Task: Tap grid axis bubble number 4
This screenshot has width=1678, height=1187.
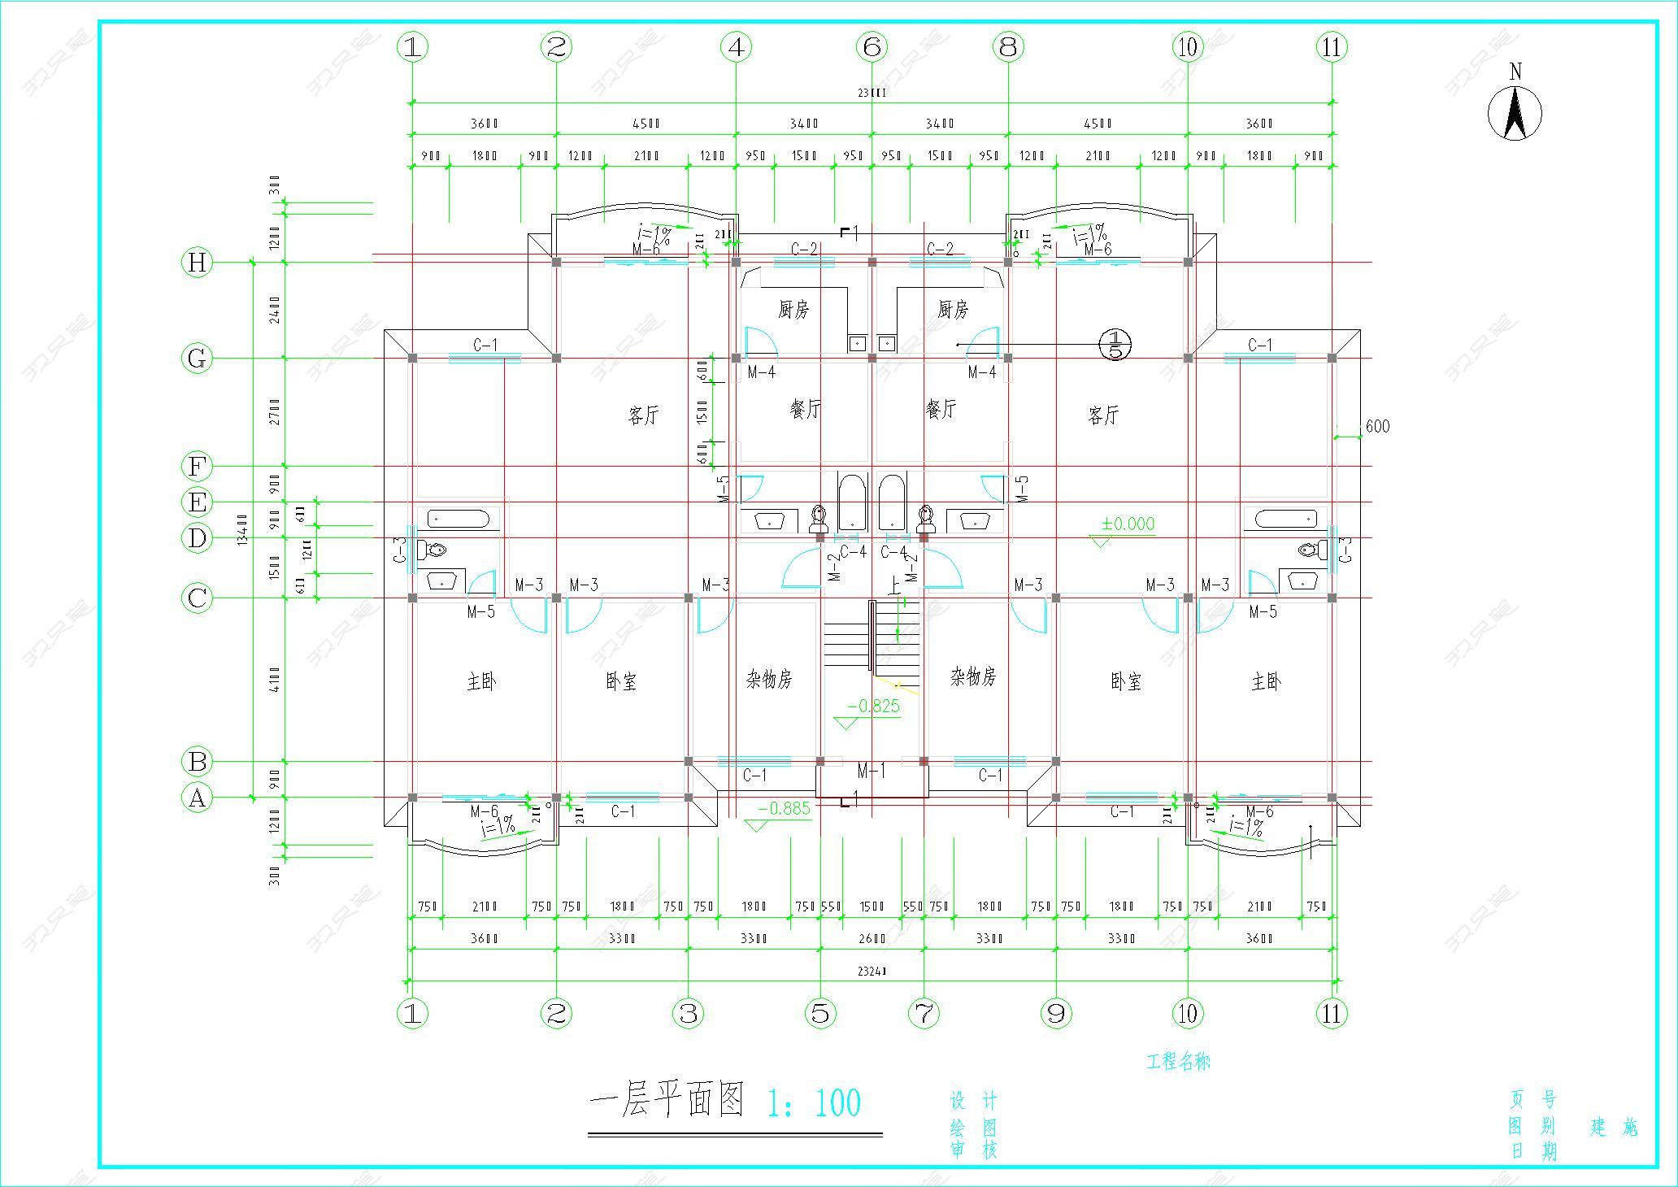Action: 736,47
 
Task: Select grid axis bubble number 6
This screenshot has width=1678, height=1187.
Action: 872,47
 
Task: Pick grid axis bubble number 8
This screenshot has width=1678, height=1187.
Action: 1008,47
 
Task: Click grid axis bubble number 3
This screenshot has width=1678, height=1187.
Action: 689,1013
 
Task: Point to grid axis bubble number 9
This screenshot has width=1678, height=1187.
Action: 1056,1013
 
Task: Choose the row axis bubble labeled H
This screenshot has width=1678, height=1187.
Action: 197,263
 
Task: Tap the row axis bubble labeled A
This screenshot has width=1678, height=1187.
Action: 197,798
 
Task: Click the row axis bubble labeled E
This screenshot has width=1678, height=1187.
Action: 197,502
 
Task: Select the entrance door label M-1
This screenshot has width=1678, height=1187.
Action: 871,770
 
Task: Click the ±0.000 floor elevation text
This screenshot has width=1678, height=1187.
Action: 1128,524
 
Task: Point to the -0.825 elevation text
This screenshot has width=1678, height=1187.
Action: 873,706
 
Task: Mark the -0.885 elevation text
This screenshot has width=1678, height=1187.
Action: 784,808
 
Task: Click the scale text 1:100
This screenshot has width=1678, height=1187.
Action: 814,1102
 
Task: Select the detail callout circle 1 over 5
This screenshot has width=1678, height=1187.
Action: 1115,344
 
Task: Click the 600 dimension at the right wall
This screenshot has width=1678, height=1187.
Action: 1377,426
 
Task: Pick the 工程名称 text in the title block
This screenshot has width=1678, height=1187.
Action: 1178,1062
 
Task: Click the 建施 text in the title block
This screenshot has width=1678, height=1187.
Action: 1614,1127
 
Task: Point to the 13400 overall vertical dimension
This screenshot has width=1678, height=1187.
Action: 241,530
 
